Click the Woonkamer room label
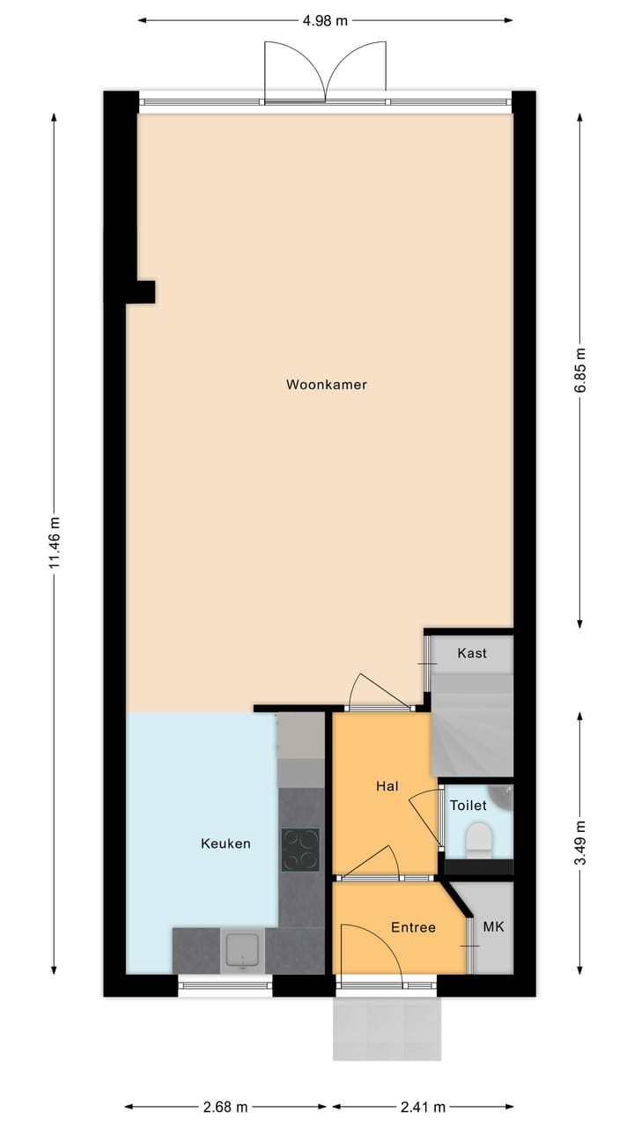[326, 385]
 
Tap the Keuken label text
[225, 843]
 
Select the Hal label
[387, 785]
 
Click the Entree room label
[413, 927]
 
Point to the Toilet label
[468, 806]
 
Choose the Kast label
[472, 653]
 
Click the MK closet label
[493, 927]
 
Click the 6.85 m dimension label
[579, 373]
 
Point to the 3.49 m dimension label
[579, 843]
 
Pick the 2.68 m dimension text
[225, 1107]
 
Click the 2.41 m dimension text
[423, 1107]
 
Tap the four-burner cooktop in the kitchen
[300, 850]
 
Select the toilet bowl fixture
[480, 839]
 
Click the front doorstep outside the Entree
[387, 1028]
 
